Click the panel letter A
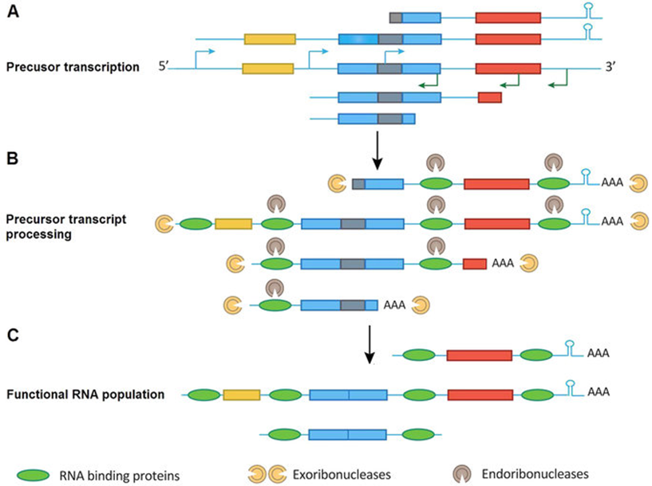point(14,13)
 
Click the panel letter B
point(14,158)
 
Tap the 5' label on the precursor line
point(164,69)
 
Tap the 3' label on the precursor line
point(612,69)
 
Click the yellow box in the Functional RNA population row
point(241,394)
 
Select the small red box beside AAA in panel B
point(475,262)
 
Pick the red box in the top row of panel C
point(479,355)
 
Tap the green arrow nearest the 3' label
point(561,81)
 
